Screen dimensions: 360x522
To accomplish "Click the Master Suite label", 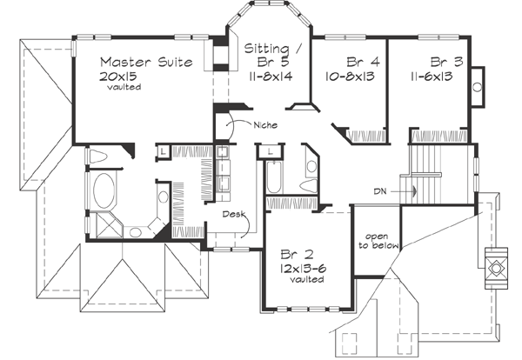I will point(141,62).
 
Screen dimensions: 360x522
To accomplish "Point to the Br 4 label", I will point(362,62).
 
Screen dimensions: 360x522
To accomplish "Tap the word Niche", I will point(266,125).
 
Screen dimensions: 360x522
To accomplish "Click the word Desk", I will point(232,213).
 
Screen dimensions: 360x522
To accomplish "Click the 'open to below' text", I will point(376,240).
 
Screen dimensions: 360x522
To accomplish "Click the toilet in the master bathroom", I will point(97,156).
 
